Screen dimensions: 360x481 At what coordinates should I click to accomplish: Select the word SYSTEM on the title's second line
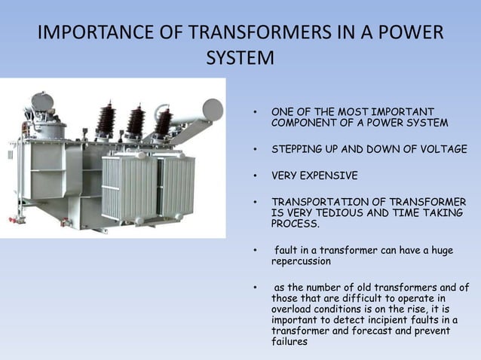(240, 59)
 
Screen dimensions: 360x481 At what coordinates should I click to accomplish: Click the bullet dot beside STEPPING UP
(256, 150)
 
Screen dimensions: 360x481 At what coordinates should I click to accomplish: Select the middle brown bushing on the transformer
(136, 121)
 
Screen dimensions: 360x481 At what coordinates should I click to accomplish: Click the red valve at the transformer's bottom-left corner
(13, 221)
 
